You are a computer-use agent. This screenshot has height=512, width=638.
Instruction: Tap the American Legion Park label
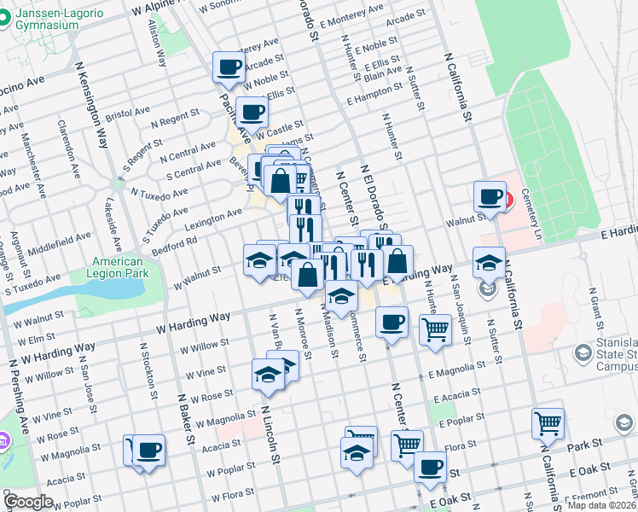click(118, 267)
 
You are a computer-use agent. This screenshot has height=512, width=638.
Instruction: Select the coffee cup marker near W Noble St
click(229, 67)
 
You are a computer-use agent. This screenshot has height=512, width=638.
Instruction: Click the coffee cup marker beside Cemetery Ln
click(490, 196)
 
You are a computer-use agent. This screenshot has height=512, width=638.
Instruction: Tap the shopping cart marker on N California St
click(547, 422)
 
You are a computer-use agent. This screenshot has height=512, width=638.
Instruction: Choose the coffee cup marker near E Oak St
click(430, 467)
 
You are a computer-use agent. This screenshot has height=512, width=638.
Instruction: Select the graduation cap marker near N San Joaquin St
click(489, 263)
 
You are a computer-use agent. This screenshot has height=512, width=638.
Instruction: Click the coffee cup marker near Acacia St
click(149, 449)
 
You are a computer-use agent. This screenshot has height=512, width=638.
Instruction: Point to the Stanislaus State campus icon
click(583, 352)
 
